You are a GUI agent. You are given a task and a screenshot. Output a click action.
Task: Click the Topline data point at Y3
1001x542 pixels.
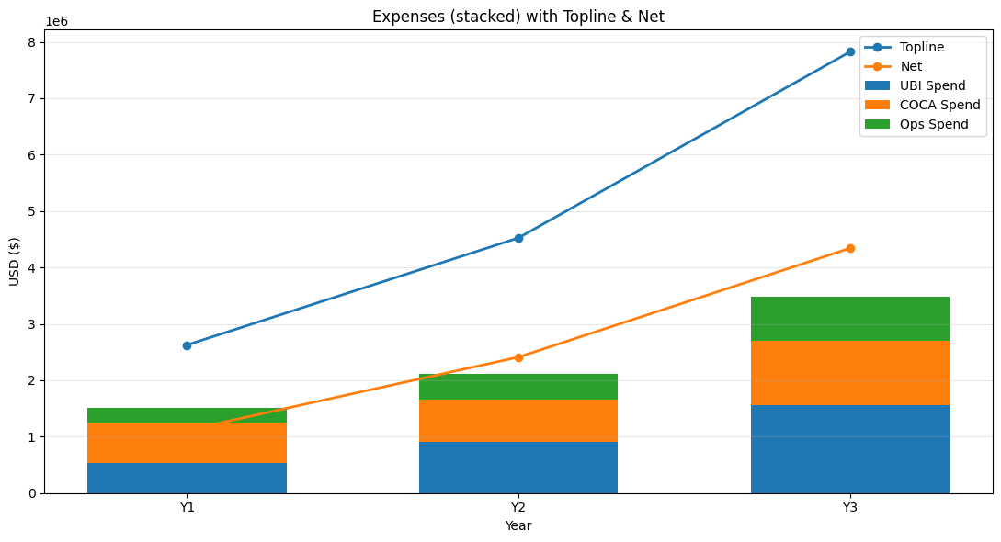click(x=850, y=51)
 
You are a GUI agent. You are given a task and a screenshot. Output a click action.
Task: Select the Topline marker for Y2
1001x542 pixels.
click(x=518, y=238)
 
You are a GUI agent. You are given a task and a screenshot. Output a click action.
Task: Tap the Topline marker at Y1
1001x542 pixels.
click(x=187, y=345)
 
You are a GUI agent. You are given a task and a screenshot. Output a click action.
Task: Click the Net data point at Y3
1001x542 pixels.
click(x=850, y=248)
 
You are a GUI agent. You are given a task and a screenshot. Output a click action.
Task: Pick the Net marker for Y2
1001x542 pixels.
click(x=518, y=357)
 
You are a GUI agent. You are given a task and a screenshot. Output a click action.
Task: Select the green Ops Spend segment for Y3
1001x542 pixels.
click(x=850, y=319)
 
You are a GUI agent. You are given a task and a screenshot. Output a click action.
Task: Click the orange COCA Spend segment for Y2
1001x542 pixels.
click(x=518, y=421)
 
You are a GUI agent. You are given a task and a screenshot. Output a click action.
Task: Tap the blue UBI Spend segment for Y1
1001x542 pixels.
click(x=187, y=478)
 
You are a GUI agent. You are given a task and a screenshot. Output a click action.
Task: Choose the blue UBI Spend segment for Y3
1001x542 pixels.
click(x=850, y=449)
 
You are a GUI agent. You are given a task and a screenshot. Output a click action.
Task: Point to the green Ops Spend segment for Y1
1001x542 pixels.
click(x=187, y=415)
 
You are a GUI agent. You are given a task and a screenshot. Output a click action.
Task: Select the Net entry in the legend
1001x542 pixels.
click(x=911, y=66)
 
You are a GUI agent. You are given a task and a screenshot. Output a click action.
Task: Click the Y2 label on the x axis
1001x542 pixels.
click(x=518, y=507)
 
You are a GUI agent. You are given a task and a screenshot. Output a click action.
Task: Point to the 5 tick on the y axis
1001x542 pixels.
click(x=31, y=211)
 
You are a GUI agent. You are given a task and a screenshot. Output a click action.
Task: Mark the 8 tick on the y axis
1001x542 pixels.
click(x=31, y=42)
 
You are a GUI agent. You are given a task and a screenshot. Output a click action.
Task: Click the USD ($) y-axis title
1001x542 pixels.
click(x=15, y=261)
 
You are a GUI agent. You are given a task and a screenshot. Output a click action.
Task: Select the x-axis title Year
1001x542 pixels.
click(x=518, y=525)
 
